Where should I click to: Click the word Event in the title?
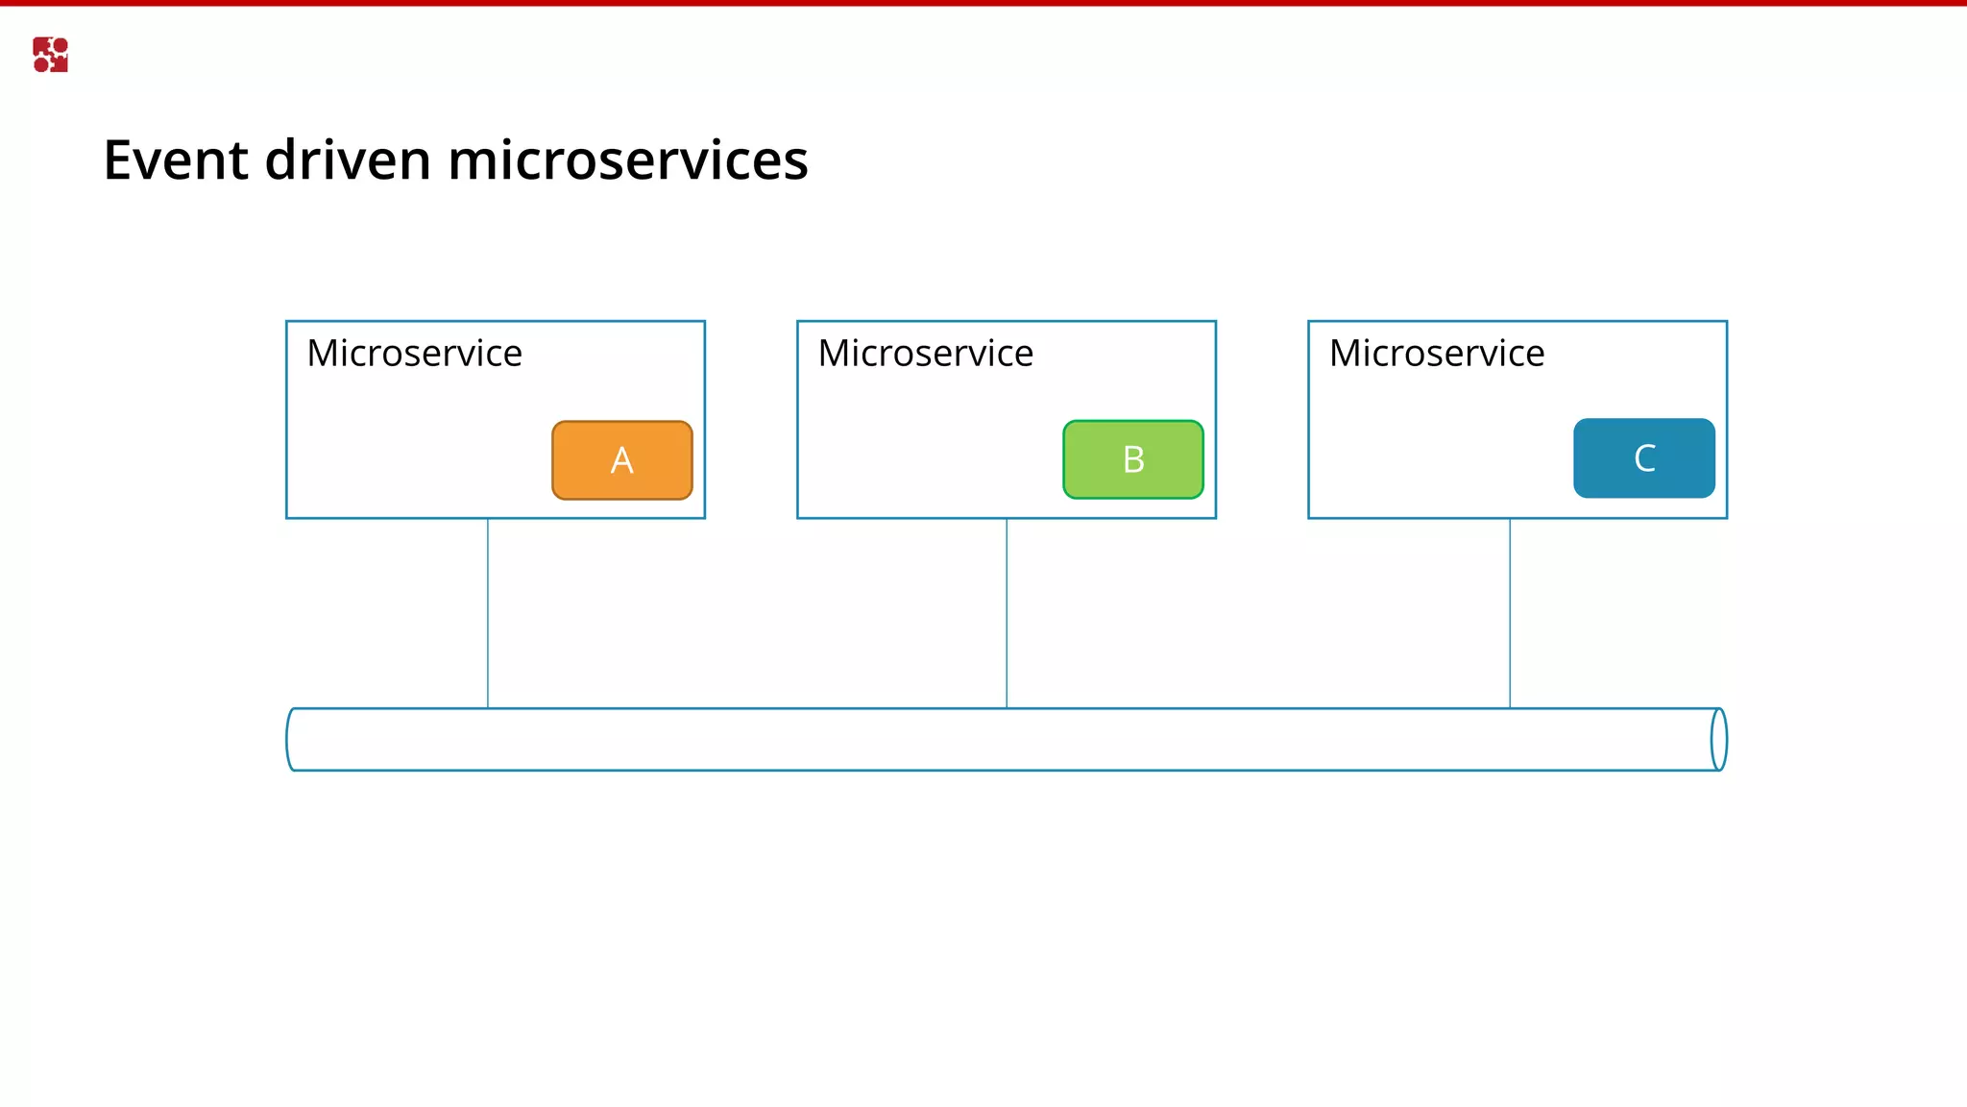177,160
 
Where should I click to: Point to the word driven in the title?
348,160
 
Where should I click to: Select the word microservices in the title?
628,160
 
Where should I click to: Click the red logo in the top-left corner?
50,55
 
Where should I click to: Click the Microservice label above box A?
414,354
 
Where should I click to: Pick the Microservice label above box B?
926,354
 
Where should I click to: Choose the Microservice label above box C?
1437,354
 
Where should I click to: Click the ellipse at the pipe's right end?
1719,739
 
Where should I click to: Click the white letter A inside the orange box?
622,461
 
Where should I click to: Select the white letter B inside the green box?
1133,460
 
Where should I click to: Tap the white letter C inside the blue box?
1644,458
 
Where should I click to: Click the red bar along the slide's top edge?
983,3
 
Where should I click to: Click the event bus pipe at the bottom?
999,739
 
